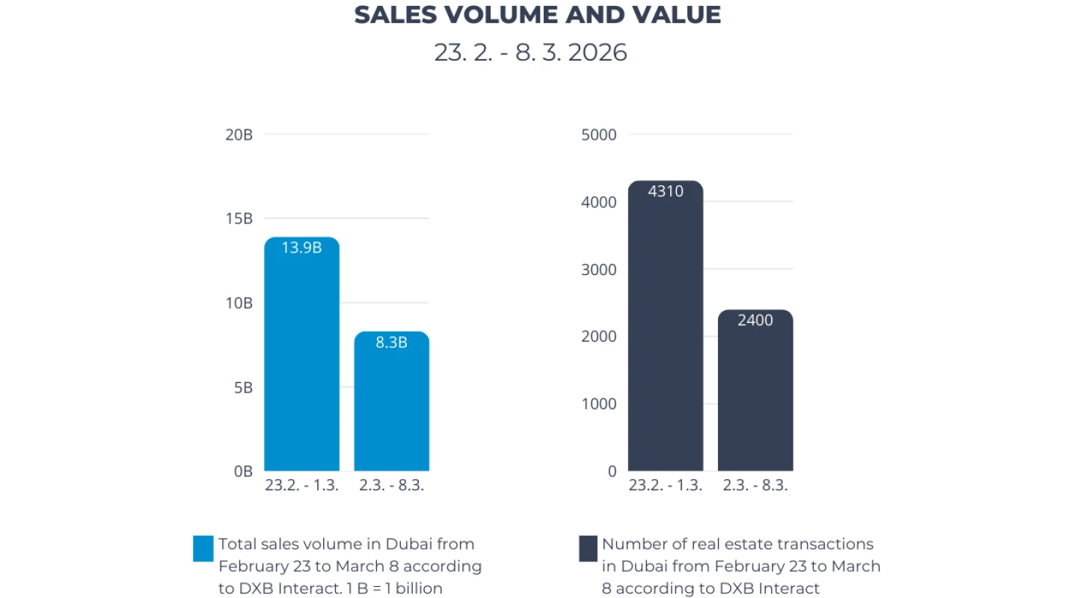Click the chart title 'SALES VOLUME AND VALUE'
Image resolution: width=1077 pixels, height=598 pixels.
click(537, 15)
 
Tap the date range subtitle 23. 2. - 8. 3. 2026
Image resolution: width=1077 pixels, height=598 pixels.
click(530, 52)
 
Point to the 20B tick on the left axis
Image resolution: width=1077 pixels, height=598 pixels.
click(239, 135)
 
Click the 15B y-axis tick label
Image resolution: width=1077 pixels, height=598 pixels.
click(239, 219)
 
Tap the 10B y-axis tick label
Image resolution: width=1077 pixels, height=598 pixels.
click(239, 303)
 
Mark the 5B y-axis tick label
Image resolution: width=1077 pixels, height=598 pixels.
click(242, 388)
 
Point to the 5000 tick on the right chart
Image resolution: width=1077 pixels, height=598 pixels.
click(598, 135)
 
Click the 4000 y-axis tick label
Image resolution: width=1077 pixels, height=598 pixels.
click(598, 203)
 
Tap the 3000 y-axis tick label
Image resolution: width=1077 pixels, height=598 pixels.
click(598, 270)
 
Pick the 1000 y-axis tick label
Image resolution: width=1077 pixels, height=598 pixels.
click(598, 404)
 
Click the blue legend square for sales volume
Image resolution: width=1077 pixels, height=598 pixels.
click(203, 548)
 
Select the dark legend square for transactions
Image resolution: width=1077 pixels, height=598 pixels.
click(588, 548)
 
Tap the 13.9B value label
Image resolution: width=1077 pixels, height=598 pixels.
click(301, 247)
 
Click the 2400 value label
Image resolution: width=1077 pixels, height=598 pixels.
click(755, 321)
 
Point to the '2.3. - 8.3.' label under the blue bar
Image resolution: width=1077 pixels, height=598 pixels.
click(391, 485)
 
